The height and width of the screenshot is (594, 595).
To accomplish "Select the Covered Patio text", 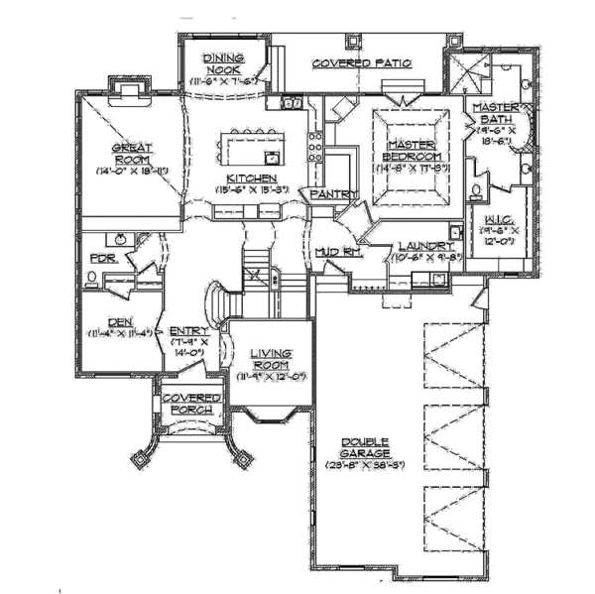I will click(362, 63).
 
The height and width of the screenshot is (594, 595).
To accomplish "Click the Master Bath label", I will click(491, 112).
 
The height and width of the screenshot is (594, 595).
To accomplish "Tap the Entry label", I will click(187, 331).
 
